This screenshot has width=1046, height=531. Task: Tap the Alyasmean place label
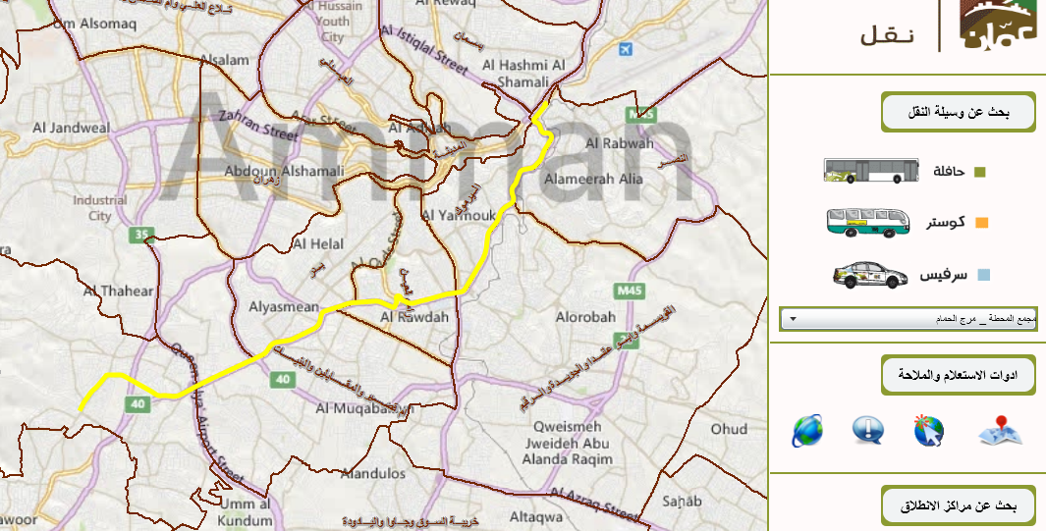285,305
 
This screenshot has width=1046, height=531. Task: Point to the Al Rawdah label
414,317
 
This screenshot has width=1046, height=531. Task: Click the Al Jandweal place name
71,128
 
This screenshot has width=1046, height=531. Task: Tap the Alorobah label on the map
585,317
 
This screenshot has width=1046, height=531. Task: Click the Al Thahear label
119,291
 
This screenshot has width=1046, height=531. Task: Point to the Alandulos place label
372,473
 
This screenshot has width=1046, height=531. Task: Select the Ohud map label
729,429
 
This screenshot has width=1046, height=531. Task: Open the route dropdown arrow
793,319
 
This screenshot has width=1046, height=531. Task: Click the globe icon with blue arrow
807,430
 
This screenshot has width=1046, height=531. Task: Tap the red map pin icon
1000,430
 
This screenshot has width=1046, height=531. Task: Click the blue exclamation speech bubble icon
868,430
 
